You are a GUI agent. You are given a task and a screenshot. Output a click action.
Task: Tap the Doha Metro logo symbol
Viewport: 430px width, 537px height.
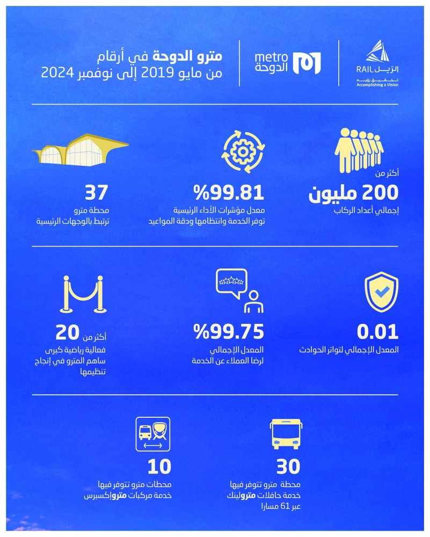[x=309, y=63]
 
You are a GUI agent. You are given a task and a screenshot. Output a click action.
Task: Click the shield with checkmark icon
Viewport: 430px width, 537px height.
[x=381, y=294]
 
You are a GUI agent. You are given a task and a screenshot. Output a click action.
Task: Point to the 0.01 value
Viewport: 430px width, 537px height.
[x=377, y=332]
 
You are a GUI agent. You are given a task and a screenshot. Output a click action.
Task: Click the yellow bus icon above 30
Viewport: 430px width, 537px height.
[x=285, y=434]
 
